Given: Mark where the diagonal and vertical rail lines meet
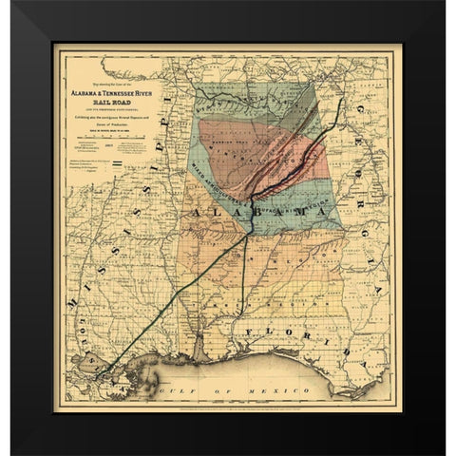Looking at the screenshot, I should pos(249,234).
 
